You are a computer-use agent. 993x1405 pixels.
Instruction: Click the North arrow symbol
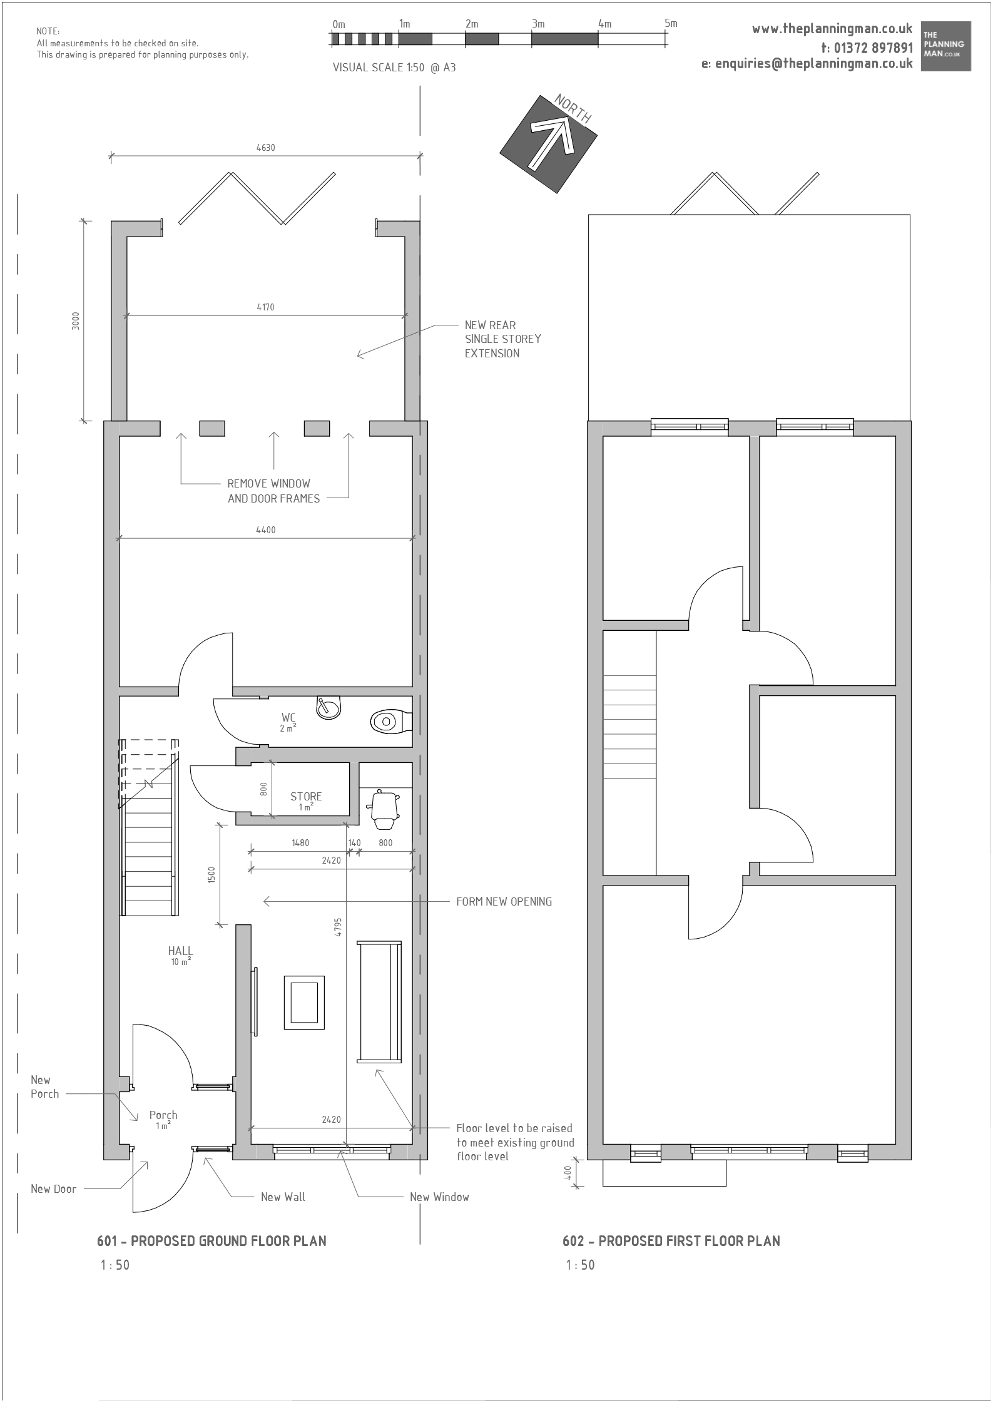(x=549, y=143)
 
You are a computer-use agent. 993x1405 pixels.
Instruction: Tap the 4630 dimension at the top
(x=265, y=148)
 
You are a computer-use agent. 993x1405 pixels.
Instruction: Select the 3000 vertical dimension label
(x=76, y=320)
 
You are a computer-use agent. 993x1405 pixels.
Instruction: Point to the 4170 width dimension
(x=265, y=307)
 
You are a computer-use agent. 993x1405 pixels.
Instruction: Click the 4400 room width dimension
(x=265, y=529)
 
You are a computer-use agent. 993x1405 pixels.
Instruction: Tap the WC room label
(x=288, y=717)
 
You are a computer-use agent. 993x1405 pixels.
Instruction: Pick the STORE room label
(x=306, y=796)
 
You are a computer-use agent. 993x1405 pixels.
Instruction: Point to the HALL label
(x=180, y=951)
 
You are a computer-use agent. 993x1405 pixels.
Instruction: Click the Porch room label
(x=163, y=1115)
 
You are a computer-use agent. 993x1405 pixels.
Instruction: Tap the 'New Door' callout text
(x=54, y=1188)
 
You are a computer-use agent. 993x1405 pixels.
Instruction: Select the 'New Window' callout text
(x=439, y=1197)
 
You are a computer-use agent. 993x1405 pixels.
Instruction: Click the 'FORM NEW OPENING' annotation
(x=504, y=901)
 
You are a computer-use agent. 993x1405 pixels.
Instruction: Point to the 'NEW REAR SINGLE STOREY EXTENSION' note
(x=503, y=339)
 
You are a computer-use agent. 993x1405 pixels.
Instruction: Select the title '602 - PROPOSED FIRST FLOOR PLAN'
(x=671, y=1240)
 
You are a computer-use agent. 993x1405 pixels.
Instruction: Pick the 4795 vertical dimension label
(x=338, y=926)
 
